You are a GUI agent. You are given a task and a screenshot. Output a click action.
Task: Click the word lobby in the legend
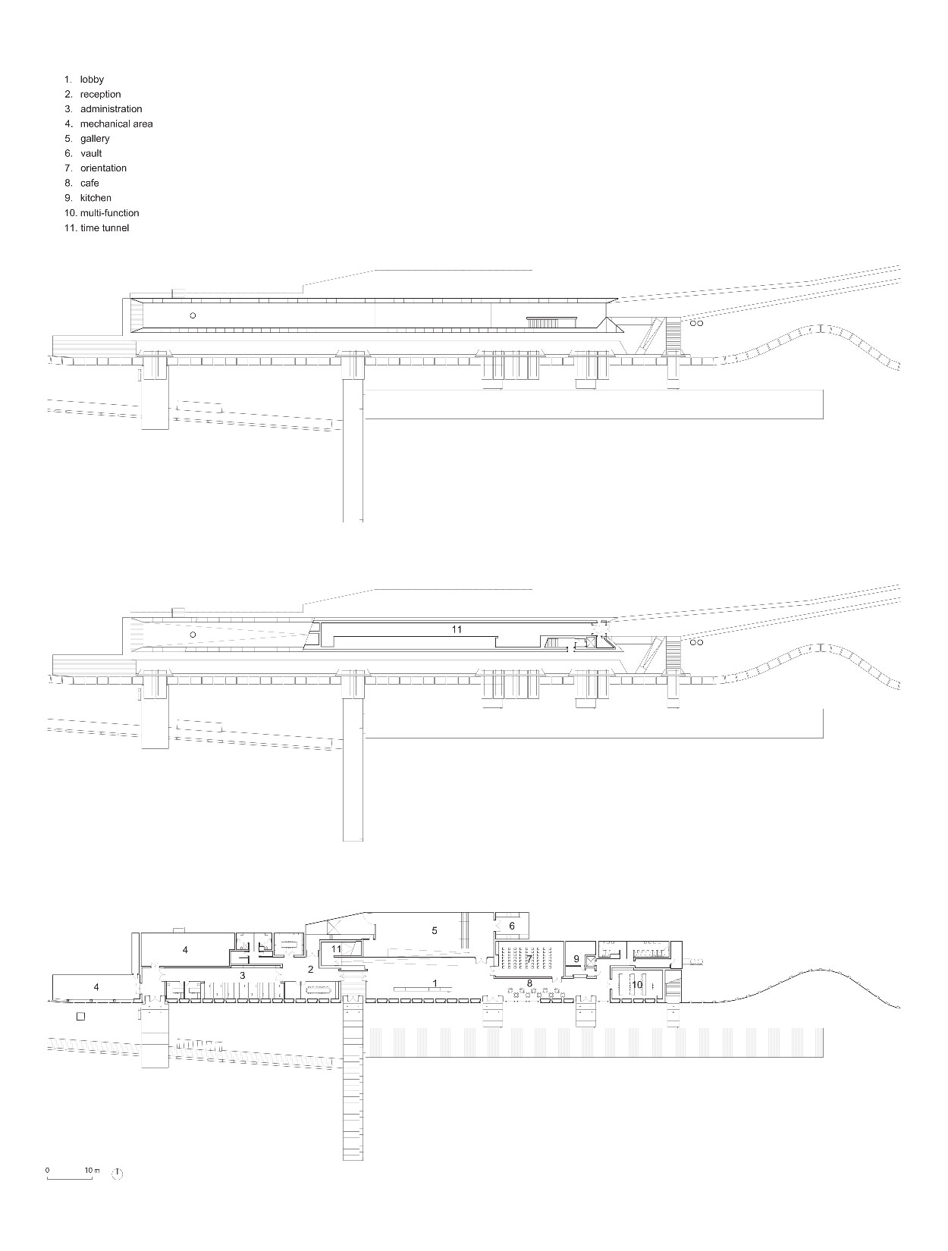point(92,79)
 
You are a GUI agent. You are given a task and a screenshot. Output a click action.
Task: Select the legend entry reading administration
point(111,109)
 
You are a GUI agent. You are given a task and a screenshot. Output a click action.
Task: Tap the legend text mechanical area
point(116,124)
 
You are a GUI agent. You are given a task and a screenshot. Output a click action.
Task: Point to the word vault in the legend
point(91,153)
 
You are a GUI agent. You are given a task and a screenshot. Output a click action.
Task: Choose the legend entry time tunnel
point(105,228)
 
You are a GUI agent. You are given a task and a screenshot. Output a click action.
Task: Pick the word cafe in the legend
point(89,183)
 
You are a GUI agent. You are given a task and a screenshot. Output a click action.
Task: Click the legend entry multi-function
point(109,213)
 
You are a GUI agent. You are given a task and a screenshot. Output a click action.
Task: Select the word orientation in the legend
point(103,168)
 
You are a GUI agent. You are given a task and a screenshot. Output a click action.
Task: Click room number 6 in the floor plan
point(512,926)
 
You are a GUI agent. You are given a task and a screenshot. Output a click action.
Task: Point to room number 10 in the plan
point(637,984)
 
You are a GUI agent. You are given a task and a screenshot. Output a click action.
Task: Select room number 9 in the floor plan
point(576,958)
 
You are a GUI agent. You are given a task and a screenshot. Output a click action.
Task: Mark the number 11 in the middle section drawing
point(457,629)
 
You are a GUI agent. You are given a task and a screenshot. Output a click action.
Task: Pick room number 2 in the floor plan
point(311,969)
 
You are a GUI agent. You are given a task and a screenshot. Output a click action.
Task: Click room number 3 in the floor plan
point(242,976)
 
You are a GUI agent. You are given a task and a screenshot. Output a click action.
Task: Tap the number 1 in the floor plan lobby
point(435,983)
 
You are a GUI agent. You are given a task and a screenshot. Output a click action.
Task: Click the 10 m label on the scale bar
point(93,1165)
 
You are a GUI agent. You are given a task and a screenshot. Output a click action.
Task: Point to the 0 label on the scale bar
point(47,1165)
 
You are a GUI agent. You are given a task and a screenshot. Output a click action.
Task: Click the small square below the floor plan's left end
point(81,1016)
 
